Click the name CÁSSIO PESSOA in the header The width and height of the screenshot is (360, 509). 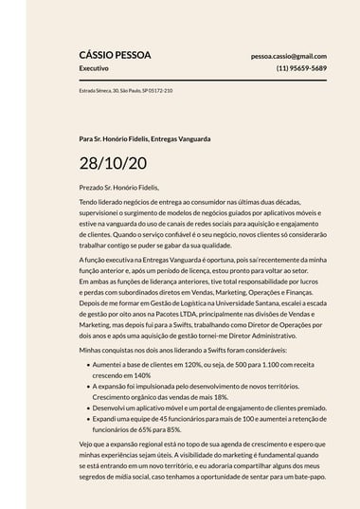pyautogui.click(x=115, y=55)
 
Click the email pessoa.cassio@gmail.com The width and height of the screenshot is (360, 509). pyautogui.click(x=289, y=56)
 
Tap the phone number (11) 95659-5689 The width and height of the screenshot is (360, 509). pyautogui.click(x=301, y=68)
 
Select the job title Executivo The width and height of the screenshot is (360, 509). pyautogui.click(x=94, y=68)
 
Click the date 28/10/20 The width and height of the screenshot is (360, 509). pyautogui.click(x=113, y=163)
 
